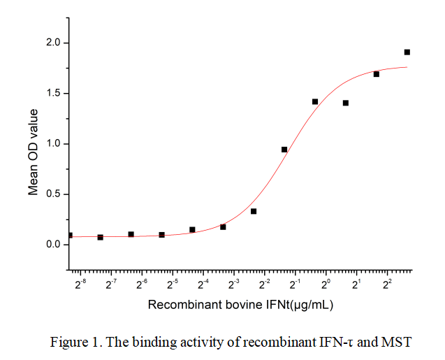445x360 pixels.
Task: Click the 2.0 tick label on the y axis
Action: point(53,43)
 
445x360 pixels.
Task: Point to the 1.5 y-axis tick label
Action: point(53,94)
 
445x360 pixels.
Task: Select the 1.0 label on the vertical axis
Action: point(53,144)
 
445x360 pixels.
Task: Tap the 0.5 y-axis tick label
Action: point(53,194)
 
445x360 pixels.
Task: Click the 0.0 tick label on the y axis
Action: point(53,245)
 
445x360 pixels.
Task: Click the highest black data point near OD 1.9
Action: point(407,52)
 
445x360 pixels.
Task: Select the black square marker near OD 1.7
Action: point(377,74)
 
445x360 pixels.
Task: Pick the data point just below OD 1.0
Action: point(284,150)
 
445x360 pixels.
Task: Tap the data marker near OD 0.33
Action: point(254,211)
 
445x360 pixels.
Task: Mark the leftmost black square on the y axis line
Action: point(70,236)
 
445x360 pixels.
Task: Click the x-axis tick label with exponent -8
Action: point(81,285)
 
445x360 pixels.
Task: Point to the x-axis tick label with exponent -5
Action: point(173,285)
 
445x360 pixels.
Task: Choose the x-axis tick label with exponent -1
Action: point(296,285)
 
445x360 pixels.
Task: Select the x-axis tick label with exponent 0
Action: point(326,285)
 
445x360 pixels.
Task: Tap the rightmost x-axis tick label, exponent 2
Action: point(387,285)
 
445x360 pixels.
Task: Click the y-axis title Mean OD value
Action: point(33,152)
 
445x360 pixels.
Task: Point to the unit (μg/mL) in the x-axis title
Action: point(312,305)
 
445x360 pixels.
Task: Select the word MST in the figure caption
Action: point(396,342)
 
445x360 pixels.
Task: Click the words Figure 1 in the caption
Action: point(74,343)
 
